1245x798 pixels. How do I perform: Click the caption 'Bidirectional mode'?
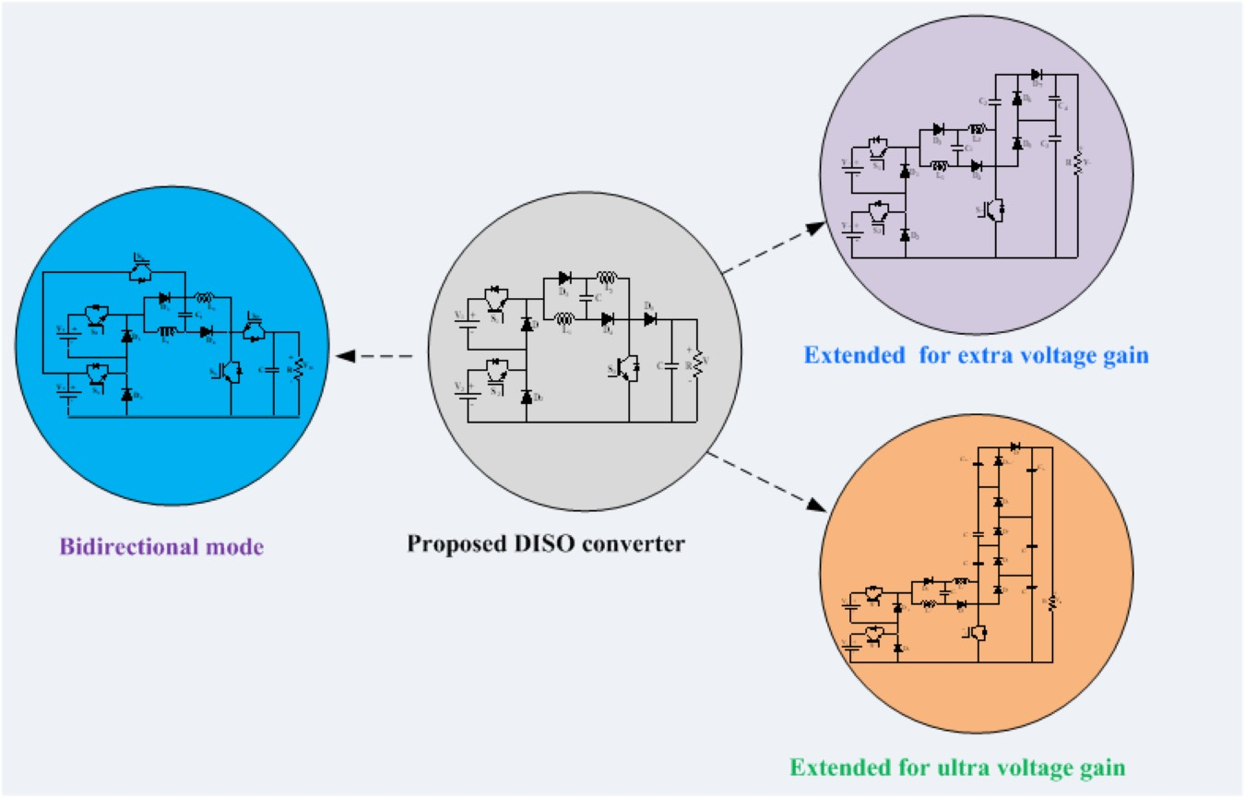coord(161,545)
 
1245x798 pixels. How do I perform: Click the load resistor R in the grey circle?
coord(698,361)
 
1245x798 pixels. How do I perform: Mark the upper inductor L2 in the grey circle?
coord(607,277)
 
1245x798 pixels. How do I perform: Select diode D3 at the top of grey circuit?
coord(565,277)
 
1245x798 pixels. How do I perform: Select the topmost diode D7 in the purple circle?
coord(1037,75)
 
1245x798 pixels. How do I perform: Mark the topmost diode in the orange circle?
coord(1014,447)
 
